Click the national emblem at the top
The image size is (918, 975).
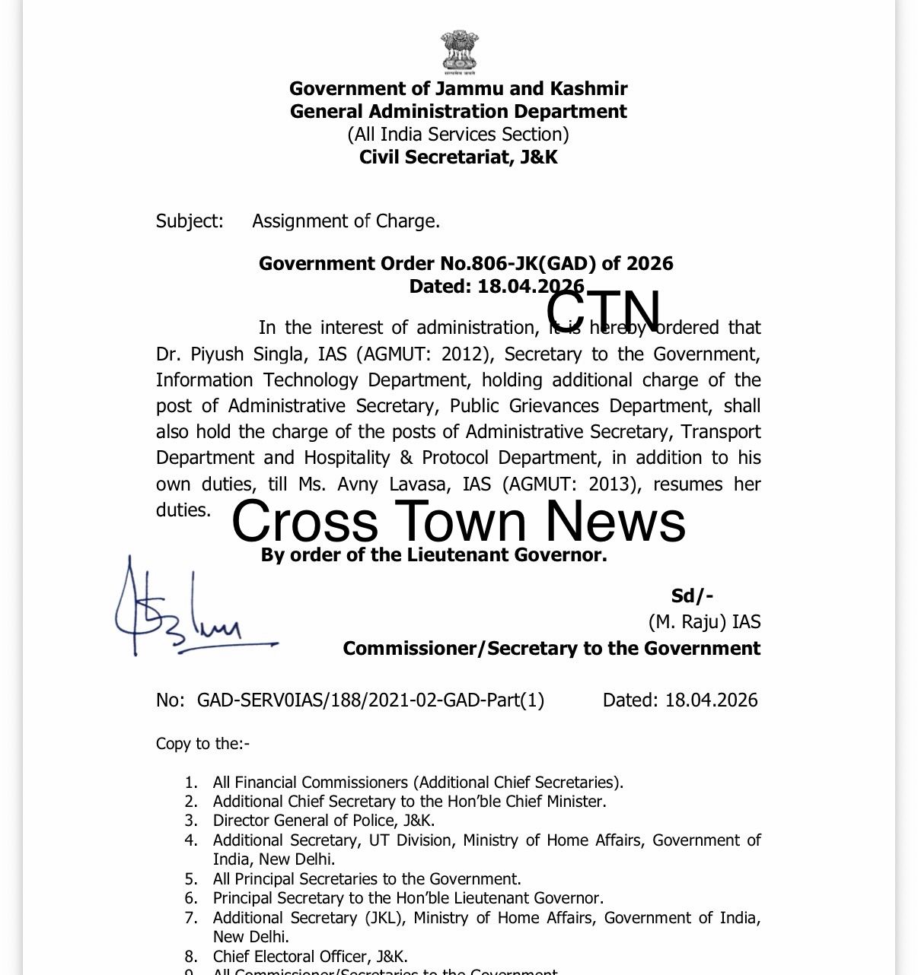(x=458, y=52)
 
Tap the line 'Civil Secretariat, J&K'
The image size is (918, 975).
(x=458, y=157)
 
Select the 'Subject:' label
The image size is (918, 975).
(x=190, y=221)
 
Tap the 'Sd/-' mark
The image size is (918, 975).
(x=692, y=597)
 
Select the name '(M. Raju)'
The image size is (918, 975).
(x=687, y=622)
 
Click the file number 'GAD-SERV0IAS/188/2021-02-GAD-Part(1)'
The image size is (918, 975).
(x=370, y=700)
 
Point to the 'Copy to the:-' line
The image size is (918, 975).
(x=202, y=743)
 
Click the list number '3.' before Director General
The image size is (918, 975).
(x=191, y=821)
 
